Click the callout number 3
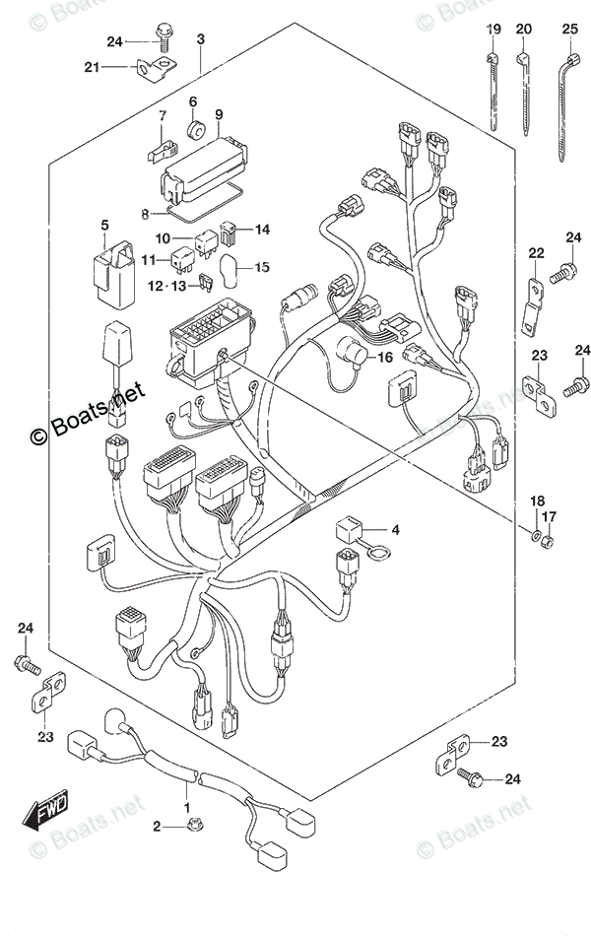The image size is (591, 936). [x=200, y=39]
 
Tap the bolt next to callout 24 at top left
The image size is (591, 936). [x=164, y=39]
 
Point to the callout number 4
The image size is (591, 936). [x=395, y=532]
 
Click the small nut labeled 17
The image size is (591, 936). [x=550, y=540]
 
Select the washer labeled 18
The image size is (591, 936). [x=534, y=538]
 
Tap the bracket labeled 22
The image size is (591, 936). [x=533, y=297]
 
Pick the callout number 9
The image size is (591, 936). [x=219, y=114]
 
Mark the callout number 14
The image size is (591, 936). [x=261, y=230]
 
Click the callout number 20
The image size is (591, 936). [x=523, y=30]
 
